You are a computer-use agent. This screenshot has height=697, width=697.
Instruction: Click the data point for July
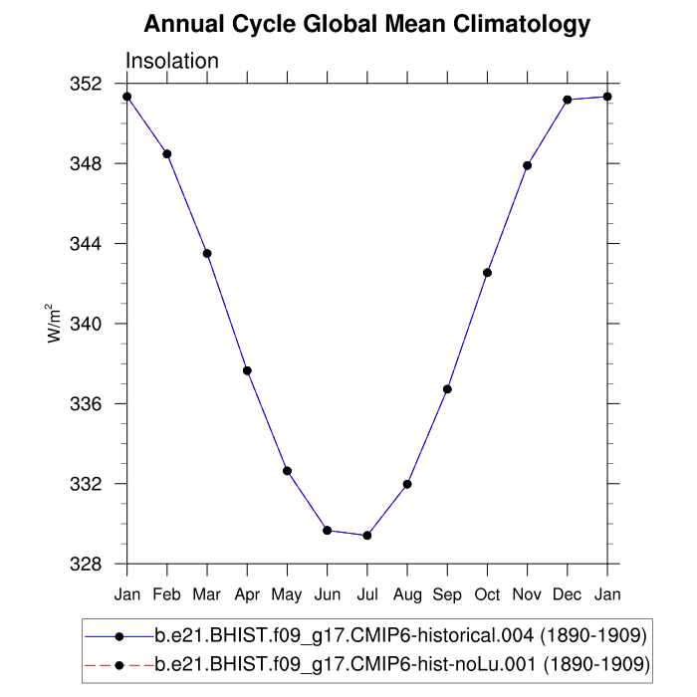click(367, 536)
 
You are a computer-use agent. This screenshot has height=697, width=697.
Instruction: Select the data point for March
click(207, 254)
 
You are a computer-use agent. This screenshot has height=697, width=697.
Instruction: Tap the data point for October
click(488, 273)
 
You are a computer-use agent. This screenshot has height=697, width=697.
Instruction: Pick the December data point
click(568, 100)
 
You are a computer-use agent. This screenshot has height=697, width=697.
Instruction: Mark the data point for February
click(167, 153)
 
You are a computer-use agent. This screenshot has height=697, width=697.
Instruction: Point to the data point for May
click(287, 471)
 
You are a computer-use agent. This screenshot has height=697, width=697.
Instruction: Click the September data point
click(447, 389)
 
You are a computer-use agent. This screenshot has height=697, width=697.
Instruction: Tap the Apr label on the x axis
click(247, 594)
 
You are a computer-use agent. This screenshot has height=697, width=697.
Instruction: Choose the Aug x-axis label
click(407, 594)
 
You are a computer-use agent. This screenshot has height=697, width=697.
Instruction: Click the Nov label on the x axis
click(528, 594)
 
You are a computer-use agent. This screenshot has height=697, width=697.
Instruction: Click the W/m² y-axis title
click(56, 324)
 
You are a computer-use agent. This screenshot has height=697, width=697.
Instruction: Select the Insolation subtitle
click(172, 61)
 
